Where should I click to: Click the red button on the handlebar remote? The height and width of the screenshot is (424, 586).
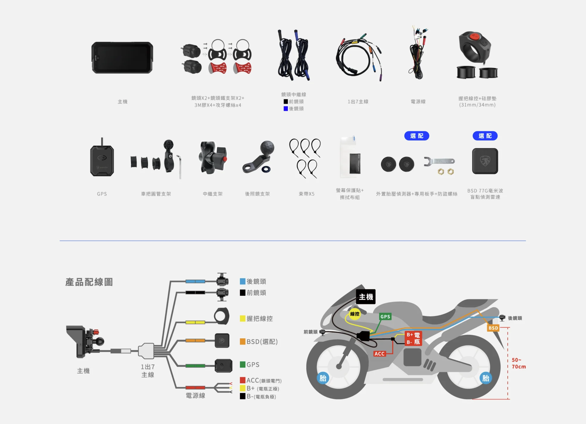pos(474,36)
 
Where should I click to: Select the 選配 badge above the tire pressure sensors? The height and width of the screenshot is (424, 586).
pos(417,136)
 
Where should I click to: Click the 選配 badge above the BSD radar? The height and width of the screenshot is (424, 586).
pos(485,136)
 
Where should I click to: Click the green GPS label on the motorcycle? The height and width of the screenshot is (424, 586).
pos(385,317)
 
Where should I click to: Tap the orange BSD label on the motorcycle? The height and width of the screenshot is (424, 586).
pos(493,328)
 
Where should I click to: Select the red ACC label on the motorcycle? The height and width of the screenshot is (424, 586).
pos(379,353)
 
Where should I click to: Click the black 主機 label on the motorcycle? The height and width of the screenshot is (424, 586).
pos(366,297)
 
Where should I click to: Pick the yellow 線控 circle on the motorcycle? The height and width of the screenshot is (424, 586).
pos(355,314)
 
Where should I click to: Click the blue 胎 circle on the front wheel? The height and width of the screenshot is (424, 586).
pos(323,378)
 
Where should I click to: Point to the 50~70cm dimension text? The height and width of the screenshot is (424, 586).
pos(518,363)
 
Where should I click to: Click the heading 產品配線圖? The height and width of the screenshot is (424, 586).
pos(89,282)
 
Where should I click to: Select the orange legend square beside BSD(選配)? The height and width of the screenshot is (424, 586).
pos(242,341)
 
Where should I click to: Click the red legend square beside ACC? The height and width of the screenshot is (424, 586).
pos(242,380)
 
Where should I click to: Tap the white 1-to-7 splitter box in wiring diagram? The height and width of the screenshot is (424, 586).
pos(146,351)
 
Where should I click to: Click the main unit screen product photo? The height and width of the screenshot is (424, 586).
pos(122,58)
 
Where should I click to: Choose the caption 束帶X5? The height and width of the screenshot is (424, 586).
pos(306,194)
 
